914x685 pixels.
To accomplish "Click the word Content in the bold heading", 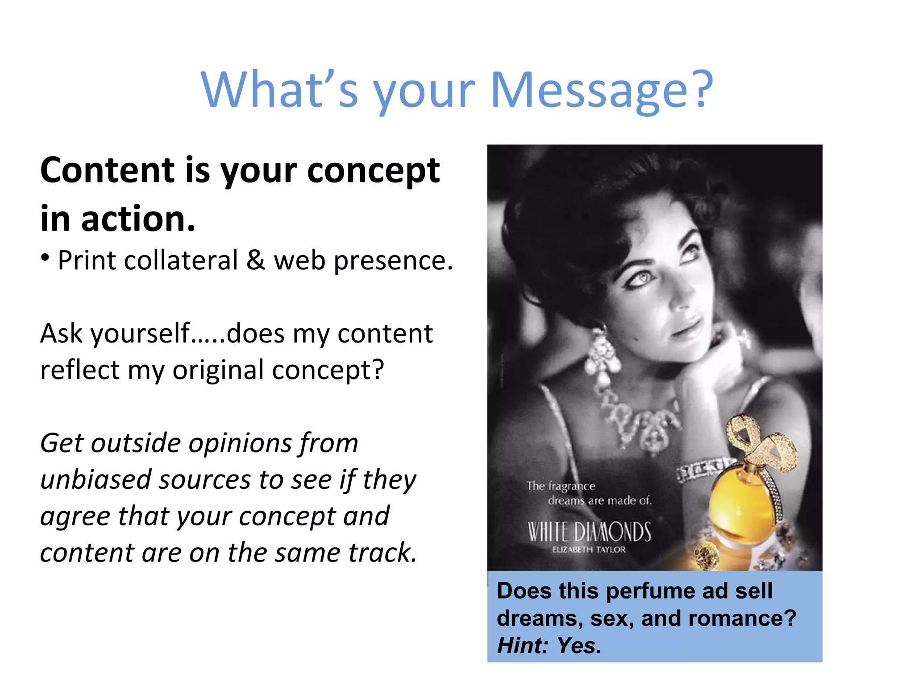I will pos(107,170).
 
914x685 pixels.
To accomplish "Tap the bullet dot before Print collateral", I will pos(45,257).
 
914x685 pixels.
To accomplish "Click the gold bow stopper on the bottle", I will pos(759,442).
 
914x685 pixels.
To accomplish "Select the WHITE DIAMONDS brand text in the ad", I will pos(589,532).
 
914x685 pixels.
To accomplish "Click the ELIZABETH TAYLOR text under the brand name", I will pos(589,550).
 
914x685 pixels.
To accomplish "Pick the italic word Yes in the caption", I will pos(579,646).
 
